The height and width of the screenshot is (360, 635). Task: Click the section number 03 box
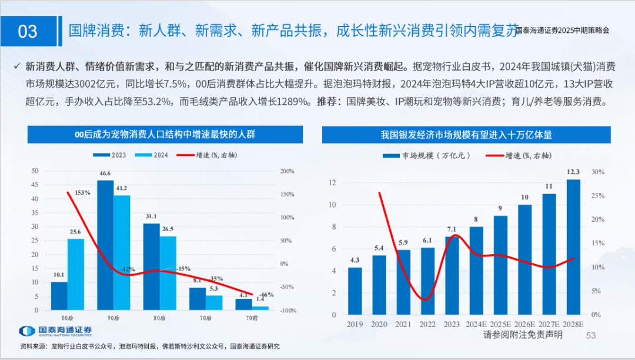(28, 31)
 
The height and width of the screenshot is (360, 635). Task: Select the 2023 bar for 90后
(105, 245)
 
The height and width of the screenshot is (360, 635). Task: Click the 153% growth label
(82, 193)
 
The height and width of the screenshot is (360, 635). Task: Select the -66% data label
(268, 295)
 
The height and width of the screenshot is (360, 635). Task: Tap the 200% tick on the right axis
(287, 171)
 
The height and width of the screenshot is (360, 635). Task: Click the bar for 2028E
(573, 247)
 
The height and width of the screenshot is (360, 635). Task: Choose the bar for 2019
(355, 291)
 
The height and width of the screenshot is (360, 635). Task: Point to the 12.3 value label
(573, 172)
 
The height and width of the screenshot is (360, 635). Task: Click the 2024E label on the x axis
(476, 324)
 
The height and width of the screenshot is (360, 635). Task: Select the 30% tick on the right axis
(598, 172)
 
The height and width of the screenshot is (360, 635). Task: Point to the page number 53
(591, 335)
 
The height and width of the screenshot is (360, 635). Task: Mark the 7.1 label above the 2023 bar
(452, 229)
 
